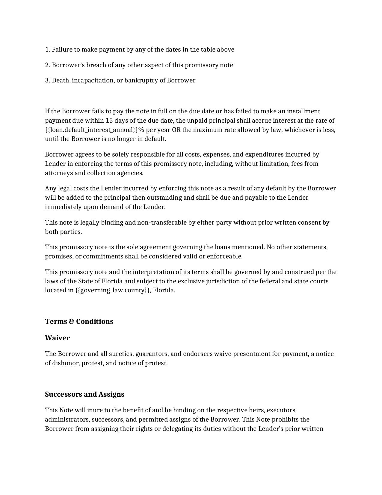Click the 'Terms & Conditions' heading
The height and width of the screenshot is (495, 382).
[79, 321]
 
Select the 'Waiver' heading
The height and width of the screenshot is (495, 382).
[57, 338]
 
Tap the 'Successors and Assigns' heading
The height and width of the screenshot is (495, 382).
[84, 394]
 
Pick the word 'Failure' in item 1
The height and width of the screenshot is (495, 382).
[62, 49]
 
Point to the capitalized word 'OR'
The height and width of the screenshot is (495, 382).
[176, 130]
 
